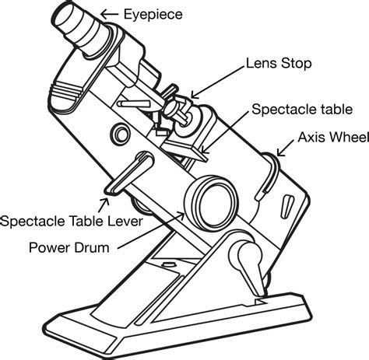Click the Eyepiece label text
pyautogui.click(x=153, y=15)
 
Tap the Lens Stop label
pyautogui.click(x=279, y=63)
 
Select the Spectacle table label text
pyautogui.click(x=302, y=110)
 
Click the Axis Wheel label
pyautogui.click(x=333, y=137)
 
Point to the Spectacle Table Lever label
pyautogui.click(x=72, y=222)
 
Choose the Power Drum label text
pyautogui.click(x=69, y=247)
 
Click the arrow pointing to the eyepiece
pyautogui.click(x=109, y=14)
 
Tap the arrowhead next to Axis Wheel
pyautogui.click(x=280, y=152)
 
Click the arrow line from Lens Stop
pyautogui.click(x=218, y=82)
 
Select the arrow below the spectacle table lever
pyautogui.click(x=104, y=204)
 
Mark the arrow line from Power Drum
pyautogui.click(x=151, y=231)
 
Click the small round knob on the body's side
pyautogui.click(x=120, y=134)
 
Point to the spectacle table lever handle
pyautogui.click(x=129, y=173)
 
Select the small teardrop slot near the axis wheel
pyautogui.click(x=286, y=205)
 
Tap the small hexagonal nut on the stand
pyautogui.click(x=168, y=264)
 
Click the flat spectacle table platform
pyautogui.click(x=185, y=147)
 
